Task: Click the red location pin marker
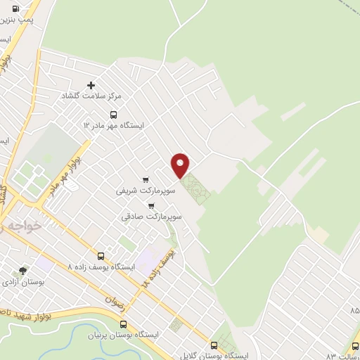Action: (181, 165)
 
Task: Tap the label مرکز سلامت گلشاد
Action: (91, 95)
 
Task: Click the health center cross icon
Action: (91, 85)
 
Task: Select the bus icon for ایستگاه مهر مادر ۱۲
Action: (113, 115)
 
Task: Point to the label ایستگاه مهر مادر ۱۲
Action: (113, 124)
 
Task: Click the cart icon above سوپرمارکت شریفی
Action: (146, 179)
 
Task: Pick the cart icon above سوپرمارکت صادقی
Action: (152, 206)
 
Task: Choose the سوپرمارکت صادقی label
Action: (151, 217)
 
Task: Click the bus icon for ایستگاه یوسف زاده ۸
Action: (101, 257)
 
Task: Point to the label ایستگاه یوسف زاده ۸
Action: (99, 267)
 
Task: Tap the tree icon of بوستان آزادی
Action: (23, 271)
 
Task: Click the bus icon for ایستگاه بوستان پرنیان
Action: (124, 324)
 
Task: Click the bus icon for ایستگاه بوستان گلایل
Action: (214, 345)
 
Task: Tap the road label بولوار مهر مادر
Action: (64, 173)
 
